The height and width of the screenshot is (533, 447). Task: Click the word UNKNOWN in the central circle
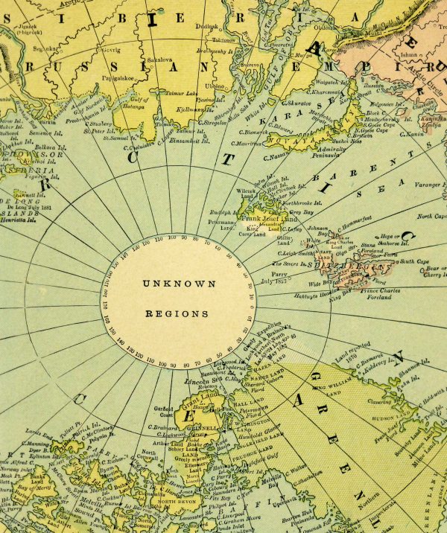point(179,284)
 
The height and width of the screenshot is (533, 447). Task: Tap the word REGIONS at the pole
point(179,314)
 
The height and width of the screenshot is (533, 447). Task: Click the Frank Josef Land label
point(279,218)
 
